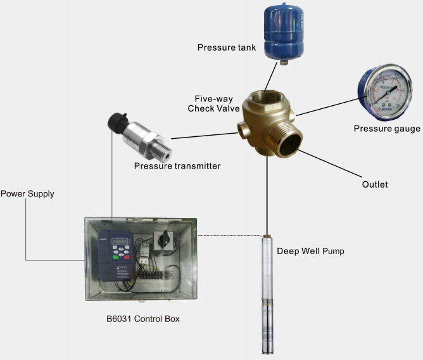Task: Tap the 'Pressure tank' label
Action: pos(225,48)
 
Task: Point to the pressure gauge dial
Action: pos(382,93)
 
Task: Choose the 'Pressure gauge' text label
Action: pos(386,129)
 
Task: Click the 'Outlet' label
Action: pos(374,184)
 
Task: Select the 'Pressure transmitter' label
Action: pos(177,166)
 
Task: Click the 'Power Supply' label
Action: pos(27,194)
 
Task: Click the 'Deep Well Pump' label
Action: pos(310,250)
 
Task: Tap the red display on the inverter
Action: pos(120,241)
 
